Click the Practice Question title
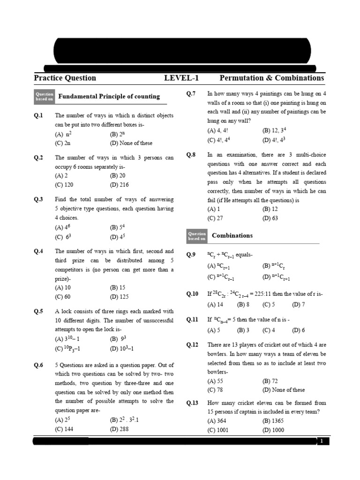[x=65, y=78]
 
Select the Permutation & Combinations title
[x=271, y=78]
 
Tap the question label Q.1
[x=38, y=116]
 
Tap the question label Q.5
[x=38, y=311]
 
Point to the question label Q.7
[x=191, y=94]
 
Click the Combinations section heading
[x=232, y=236]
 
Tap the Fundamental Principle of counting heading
[x=109, y=97]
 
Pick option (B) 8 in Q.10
[x=243, y=304]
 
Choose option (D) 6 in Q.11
[x=299, y=330]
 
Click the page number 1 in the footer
[x=322, y=441]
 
